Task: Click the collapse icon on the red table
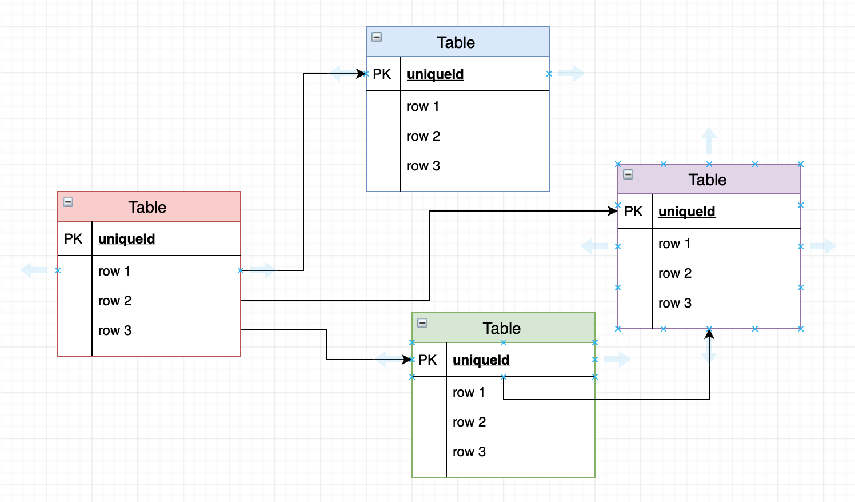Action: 68,202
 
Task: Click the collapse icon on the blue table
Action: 377,37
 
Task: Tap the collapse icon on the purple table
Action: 628,174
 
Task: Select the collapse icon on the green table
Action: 422,323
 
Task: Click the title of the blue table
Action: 456,43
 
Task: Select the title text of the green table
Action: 501,329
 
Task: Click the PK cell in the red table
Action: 74,239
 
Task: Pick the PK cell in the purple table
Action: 634,212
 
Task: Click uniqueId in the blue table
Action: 435,74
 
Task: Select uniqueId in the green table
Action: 481,360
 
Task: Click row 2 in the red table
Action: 115,301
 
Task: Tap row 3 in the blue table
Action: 423,166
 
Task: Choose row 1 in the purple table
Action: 674,244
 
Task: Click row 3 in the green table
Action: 469,452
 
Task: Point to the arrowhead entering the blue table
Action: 361,74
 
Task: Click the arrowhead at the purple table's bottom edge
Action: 709,334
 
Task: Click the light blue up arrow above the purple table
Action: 709,140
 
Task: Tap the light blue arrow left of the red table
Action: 34,270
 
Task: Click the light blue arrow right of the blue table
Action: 572,74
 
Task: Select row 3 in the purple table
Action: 675,303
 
